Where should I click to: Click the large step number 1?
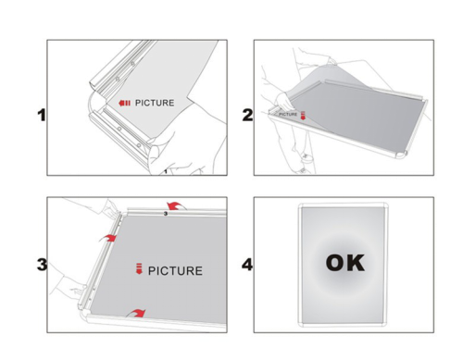click(42, 116)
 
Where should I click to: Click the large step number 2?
click(247, 115)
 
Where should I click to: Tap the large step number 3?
click(42, 265)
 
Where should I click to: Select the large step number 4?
click(247, 265)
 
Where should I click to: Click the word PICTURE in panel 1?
click(155, 103)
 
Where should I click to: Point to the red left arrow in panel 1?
click(124, 103)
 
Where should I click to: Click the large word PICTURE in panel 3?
click(175, 271)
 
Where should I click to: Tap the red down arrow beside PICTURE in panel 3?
click(139, 268)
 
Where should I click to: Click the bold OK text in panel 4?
click(345, 263)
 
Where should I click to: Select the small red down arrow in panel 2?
click(303, 115)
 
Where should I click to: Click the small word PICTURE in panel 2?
click(288, 115)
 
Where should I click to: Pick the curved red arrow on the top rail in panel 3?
click(176, 205)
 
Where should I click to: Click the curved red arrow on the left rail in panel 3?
click(108, 238)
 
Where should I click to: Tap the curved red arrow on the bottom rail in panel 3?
click(137, 313)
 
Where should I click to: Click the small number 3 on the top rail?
click(166, 214)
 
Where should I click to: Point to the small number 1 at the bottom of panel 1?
click(166, 171)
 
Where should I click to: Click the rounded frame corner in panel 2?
click(400, 155)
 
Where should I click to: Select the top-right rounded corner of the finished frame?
click(384, 206)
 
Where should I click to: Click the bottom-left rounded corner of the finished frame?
click(302, 323)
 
